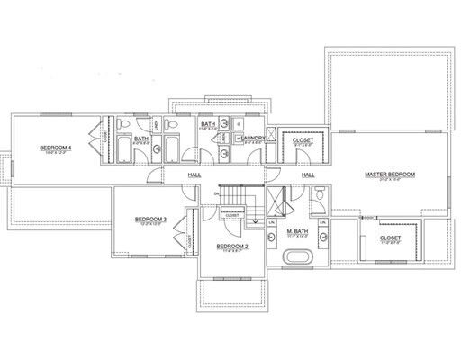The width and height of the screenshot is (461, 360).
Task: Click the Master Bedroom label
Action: [388, 173]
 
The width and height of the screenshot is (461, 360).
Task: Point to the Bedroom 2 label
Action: [231, 245]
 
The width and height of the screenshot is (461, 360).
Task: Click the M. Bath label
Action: [297, 233]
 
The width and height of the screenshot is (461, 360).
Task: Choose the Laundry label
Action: [253, 138]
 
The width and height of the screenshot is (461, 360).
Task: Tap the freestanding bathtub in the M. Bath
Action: [298, 257]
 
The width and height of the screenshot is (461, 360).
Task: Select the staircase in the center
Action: [240, 193]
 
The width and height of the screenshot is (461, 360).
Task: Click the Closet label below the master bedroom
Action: [390, 238]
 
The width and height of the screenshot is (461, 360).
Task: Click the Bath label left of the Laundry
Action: [206, 125]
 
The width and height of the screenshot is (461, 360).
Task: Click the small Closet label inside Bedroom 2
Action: [232, 215]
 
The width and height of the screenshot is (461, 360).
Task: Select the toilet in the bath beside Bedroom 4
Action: [131, 124]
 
